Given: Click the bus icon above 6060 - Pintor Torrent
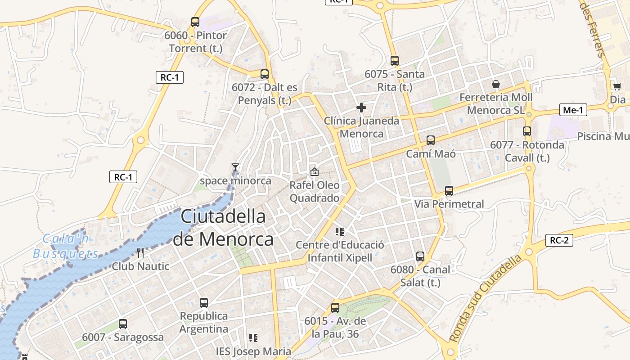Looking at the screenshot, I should [x=195, y=22].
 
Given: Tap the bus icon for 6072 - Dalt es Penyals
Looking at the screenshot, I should [x=265, y=74].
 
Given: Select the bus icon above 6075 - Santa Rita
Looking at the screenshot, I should [x=395, y=60].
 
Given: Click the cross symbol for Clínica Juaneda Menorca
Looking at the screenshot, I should [x=361, y=108].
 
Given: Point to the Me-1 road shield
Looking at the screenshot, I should [x=574, y=110].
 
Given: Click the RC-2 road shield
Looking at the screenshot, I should [x=559, y=240].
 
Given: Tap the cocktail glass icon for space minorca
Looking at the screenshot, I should [x=235, y=167].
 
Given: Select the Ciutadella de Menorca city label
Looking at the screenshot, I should [x=223, y=228].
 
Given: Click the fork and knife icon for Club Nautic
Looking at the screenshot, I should [x=140, y=253].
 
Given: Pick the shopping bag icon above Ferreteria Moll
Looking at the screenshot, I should [x=495, y=84].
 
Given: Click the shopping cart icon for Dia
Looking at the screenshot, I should [x=617, y=86].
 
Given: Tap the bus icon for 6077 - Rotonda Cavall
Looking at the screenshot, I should [x=527, y=131].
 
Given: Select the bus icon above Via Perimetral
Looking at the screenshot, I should [x=449, y=191].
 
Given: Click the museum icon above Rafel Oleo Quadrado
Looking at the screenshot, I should [x=315, y=171].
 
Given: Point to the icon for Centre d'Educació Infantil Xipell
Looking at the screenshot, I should [x=340, y=232].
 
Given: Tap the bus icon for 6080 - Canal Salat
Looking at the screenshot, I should [x=420, y=256].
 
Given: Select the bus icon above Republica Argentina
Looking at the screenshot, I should [x=204, y=302].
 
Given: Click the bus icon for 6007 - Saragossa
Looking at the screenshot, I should [x=123, y=324].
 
